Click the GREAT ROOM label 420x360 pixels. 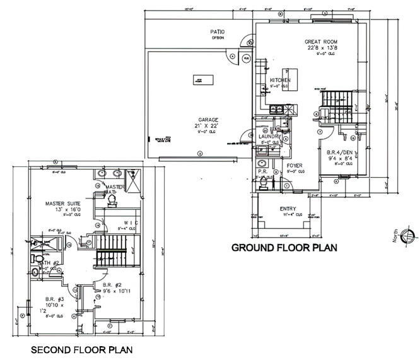tap(318, 41)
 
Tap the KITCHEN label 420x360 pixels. tap(280, 81)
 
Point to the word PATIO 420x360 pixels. tap(218, 32)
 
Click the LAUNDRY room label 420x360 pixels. tap(269, 136)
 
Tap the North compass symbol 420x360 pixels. tap(407, 236)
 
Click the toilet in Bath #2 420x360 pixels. tap(37, 258)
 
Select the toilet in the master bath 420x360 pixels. tap(113, 199)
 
